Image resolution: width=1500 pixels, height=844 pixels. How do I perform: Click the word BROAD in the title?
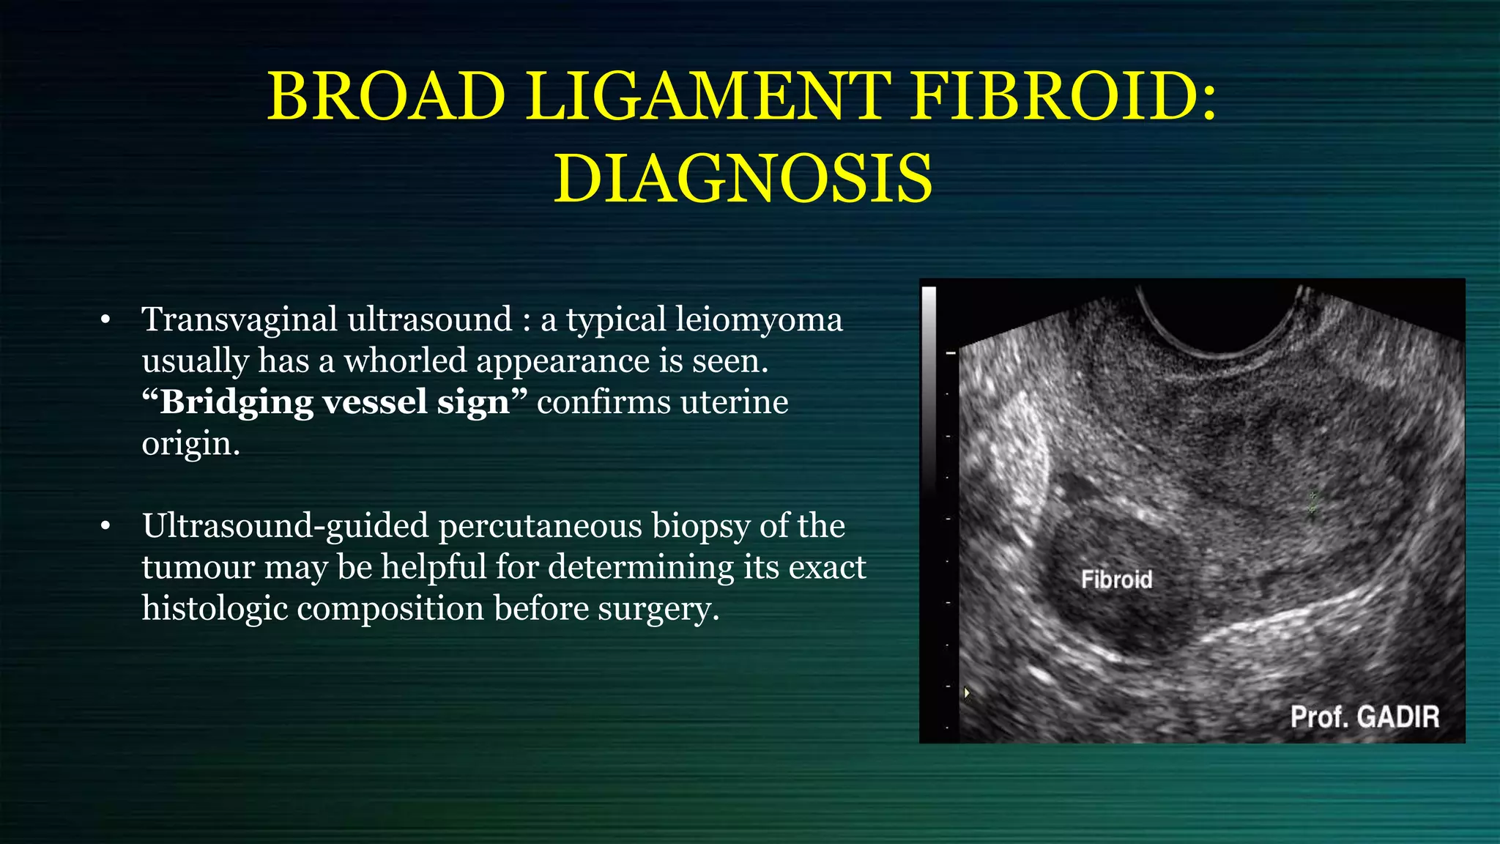tap(387, 97)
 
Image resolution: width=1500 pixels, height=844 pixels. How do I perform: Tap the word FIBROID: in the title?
tap(1063, 97)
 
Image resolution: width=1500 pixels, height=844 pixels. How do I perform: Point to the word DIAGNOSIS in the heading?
tap(743, 179)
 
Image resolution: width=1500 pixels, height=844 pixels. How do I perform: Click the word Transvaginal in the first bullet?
tap(240, 320)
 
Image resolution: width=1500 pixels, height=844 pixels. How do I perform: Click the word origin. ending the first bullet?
tap(190, 443)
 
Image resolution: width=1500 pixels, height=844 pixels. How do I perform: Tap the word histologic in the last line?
tap(215, 609)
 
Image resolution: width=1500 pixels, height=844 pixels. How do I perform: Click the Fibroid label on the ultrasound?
tap(1116, 580)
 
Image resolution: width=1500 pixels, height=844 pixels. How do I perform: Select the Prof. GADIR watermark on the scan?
tap(1365, 717)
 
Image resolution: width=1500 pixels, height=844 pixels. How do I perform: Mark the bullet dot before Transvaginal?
tap(105, 320)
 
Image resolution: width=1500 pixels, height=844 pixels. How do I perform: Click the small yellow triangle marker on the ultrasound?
tap(967, 692)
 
